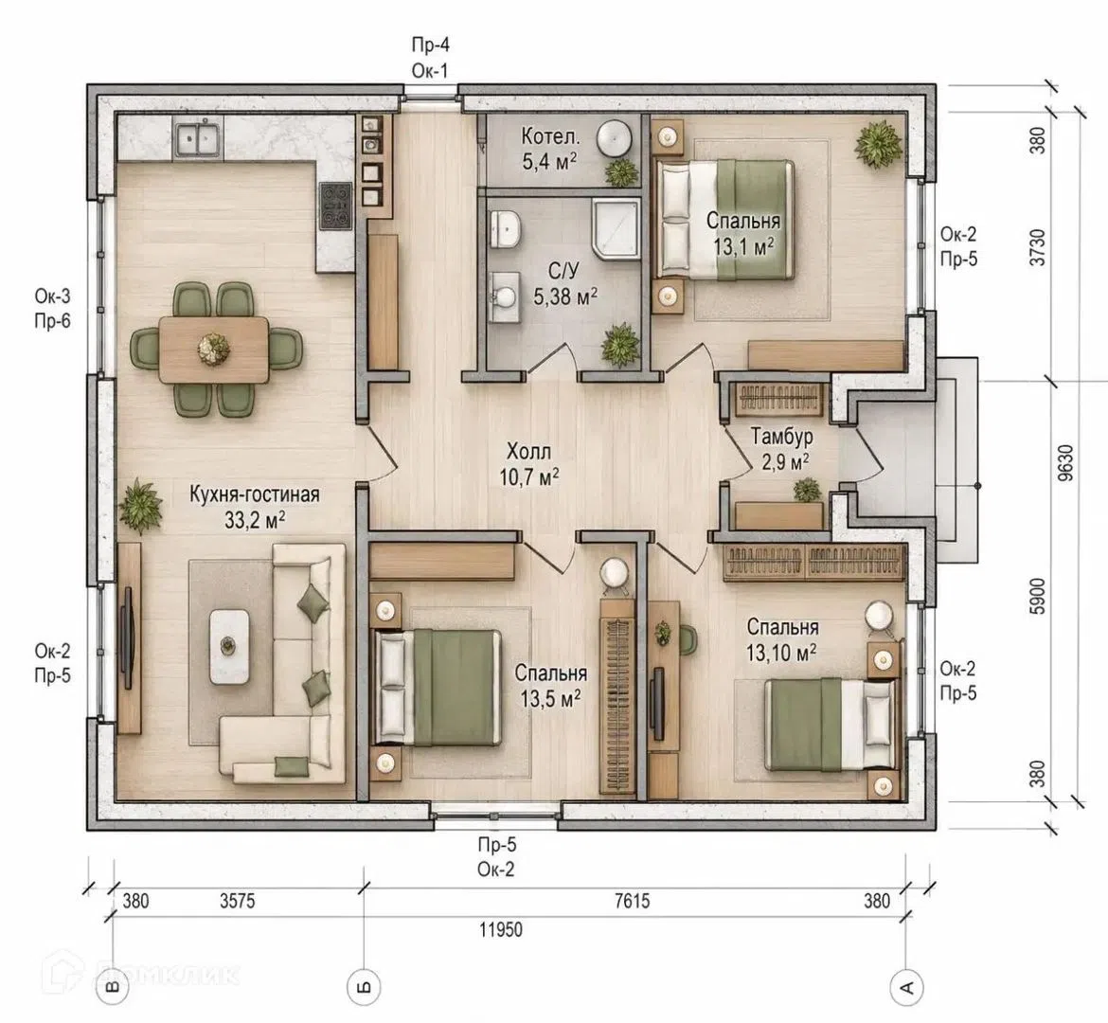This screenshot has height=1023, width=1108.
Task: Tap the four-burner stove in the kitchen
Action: pos(335,206)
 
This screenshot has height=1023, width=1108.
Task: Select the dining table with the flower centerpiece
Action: pos(213,350)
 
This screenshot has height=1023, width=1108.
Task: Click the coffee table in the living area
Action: pos(228,646)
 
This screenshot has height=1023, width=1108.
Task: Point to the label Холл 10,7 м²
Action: pos(529,464)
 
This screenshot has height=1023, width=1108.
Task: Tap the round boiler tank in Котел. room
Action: pos(614,137)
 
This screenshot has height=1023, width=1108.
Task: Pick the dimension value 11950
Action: pos(501,928)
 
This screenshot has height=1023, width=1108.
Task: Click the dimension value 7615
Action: pos(633,901)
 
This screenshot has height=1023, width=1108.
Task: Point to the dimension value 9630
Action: pos(1065,463)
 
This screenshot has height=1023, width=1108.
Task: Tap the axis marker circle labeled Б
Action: pos(364,985)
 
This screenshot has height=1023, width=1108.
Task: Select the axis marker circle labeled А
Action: pos(906,985)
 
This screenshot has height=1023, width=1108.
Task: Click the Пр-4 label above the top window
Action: pos(430,45)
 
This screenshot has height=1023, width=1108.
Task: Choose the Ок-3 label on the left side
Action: pos(53,296)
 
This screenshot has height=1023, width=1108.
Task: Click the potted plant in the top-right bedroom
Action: pos(879,144)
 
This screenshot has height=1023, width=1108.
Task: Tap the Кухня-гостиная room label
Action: pos(255,494)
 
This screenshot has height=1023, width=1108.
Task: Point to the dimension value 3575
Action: pos(238,901)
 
